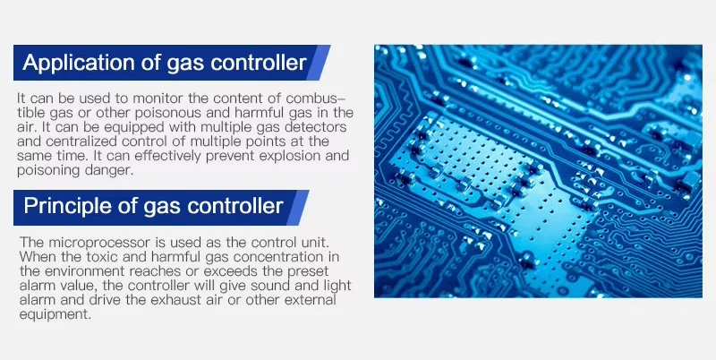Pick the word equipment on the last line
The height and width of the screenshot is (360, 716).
pyautogui.click(x=55, y=315)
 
